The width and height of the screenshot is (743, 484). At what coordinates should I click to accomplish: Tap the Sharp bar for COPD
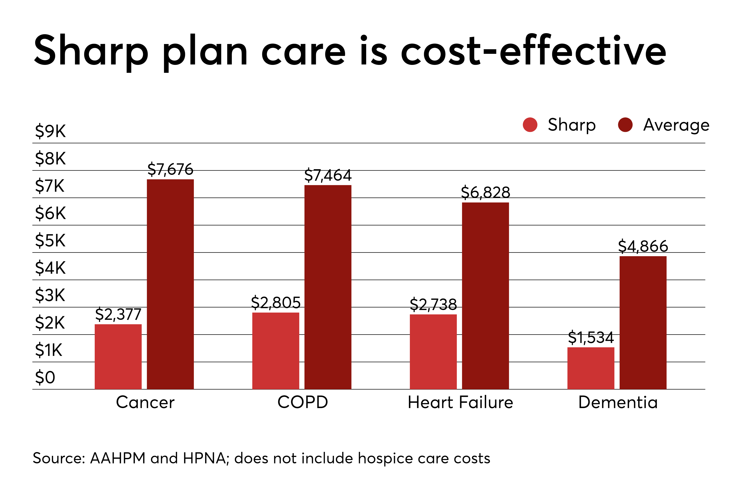[x=276, y=351]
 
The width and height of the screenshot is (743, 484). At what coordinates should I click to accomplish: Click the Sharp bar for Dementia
[x=591, y=368]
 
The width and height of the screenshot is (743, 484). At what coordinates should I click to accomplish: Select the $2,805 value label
[x=276, y=302]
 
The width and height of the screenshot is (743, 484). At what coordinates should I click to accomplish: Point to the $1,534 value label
[x=591, y=337]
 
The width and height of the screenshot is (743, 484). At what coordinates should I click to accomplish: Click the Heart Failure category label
[x=460, y=402]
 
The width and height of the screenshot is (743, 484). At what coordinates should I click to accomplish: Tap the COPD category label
[x=302, y=402]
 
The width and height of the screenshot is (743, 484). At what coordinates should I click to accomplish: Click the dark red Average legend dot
[x=625, y=125]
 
